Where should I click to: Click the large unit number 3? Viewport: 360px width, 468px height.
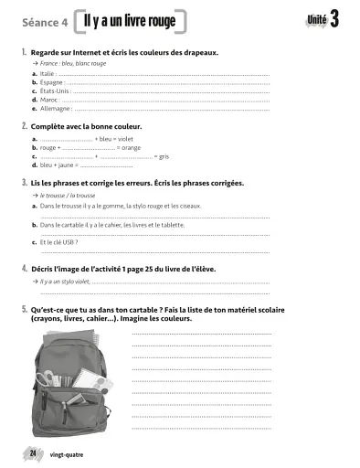click(335, 20)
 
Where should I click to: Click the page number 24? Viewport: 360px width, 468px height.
click(33, 453)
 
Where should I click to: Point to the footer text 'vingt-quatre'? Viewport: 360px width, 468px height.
click(68, 454)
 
